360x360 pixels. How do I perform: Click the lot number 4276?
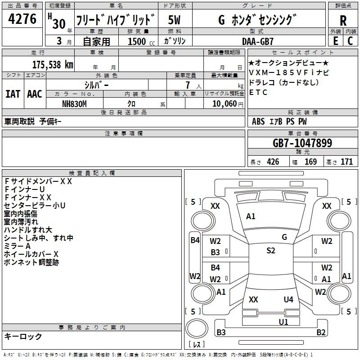(x=22, y=19)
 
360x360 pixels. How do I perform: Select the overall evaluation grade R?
(x=343, y=20)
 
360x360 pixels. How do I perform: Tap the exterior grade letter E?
(x=335, y=40)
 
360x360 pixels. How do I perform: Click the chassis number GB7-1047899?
(x=302, y=143)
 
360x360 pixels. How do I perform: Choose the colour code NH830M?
(x=74, y=103)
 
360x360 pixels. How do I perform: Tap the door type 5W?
(x=175, y=20)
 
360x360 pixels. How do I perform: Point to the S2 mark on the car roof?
(x=270, y=251)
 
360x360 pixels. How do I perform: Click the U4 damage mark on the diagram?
(x=288, y=299)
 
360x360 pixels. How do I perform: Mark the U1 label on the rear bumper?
(x=283, y=321)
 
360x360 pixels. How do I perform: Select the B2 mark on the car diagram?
(x=321, y=333)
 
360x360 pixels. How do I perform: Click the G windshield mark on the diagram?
(x=284, y=237)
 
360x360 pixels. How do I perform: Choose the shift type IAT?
(x=13, y=94)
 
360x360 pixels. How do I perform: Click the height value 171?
(x=346, y=162)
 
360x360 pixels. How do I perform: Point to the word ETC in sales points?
(x=258, y=92)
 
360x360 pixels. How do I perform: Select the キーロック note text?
(x=23, y=336)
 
